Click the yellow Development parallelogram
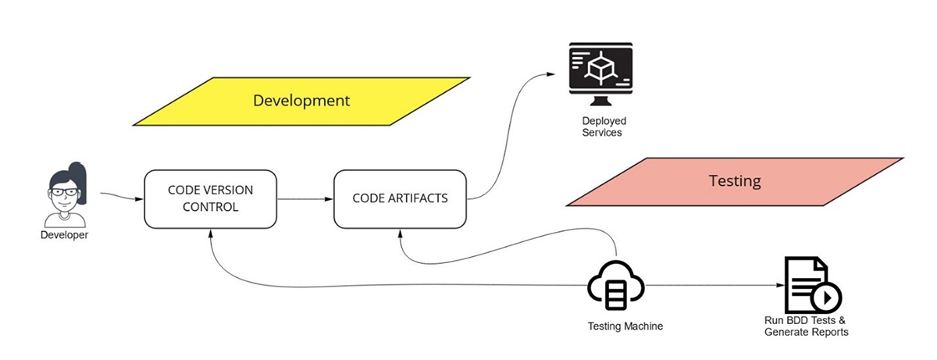coord(301,101)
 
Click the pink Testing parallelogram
coord(734,181)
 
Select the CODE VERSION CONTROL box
coord(210,198)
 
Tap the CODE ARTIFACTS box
coord(400,198)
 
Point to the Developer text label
coord(64,235)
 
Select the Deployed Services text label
coord(604,127)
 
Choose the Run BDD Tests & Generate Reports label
coord(806,326)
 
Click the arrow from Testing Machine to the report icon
coord(711,286)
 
